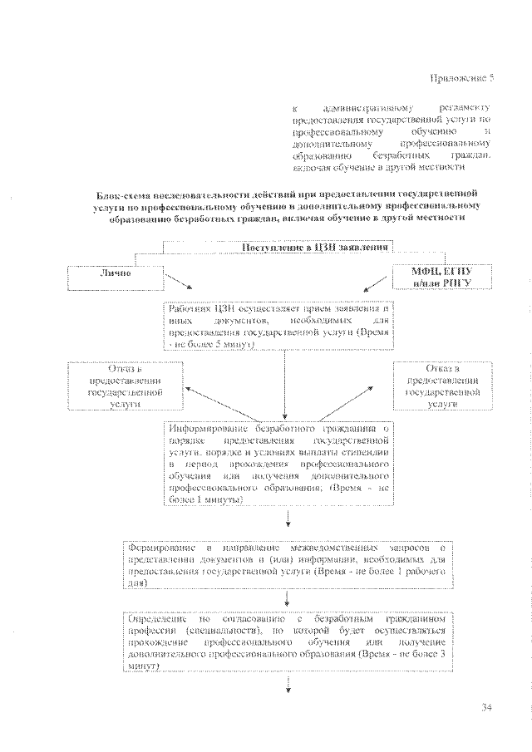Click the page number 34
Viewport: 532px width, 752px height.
[x=488, y=708]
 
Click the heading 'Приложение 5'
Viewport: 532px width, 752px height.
[x=462, y=79]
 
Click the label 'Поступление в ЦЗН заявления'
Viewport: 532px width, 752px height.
[x=316, y=248]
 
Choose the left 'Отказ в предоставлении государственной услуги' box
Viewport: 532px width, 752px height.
[x=115, y=386]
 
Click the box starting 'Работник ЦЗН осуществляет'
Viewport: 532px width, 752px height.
[x=278, y=325]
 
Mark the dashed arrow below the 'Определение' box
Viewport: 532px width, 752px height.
[x=288, y=683]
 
